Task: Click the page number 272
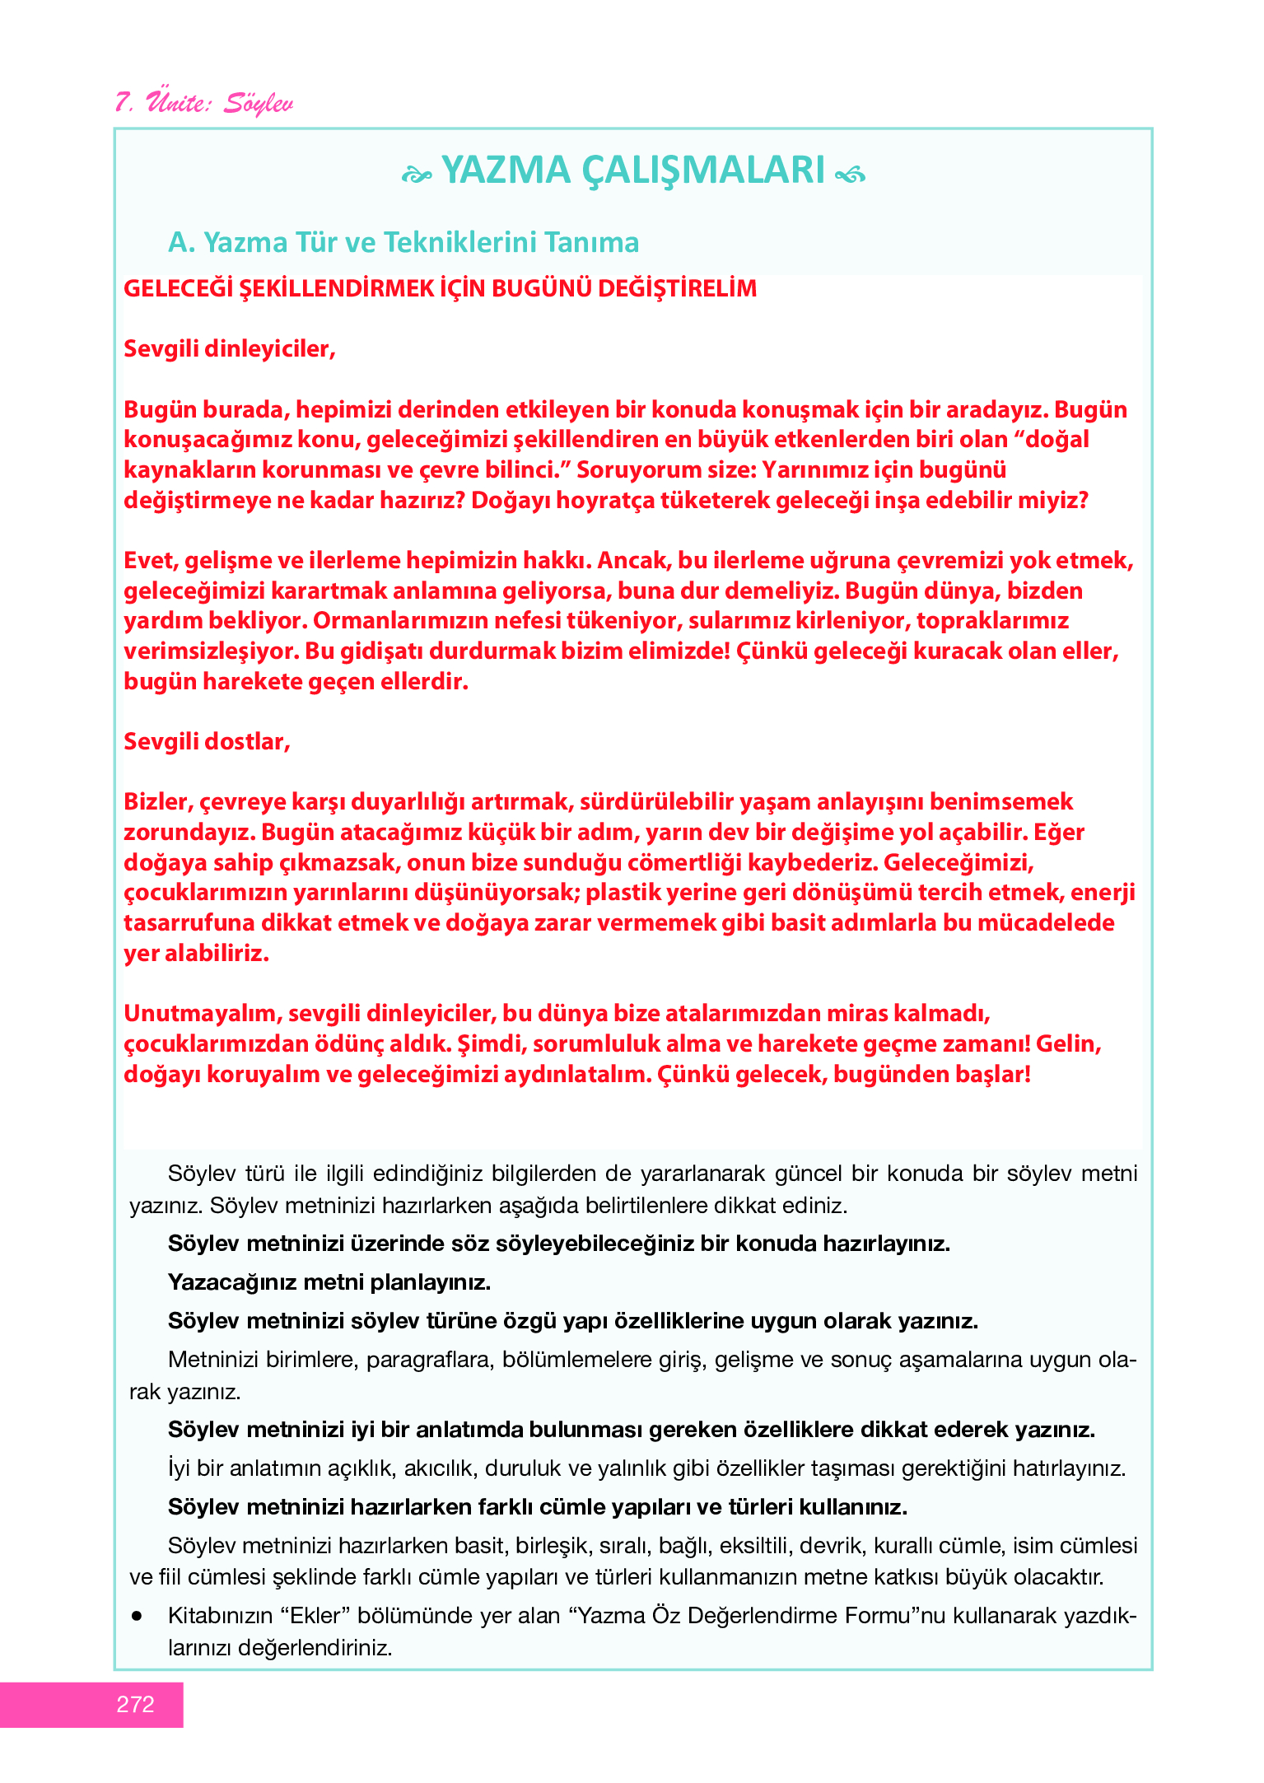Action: click(x=135, y=1705)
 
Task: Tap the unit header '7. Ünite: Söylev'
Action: click(x=203, y=103)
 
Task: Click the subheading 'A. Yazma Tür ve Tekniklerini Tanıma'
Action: click(x=403, y=243)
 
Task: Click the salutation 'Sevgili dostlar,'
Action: click(x=207, y=742)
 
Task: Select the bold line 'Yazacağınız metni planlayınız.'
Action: click(x=329, y=1282)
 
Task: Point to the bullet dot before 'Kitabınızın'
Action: click(x=137, y=1616)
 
